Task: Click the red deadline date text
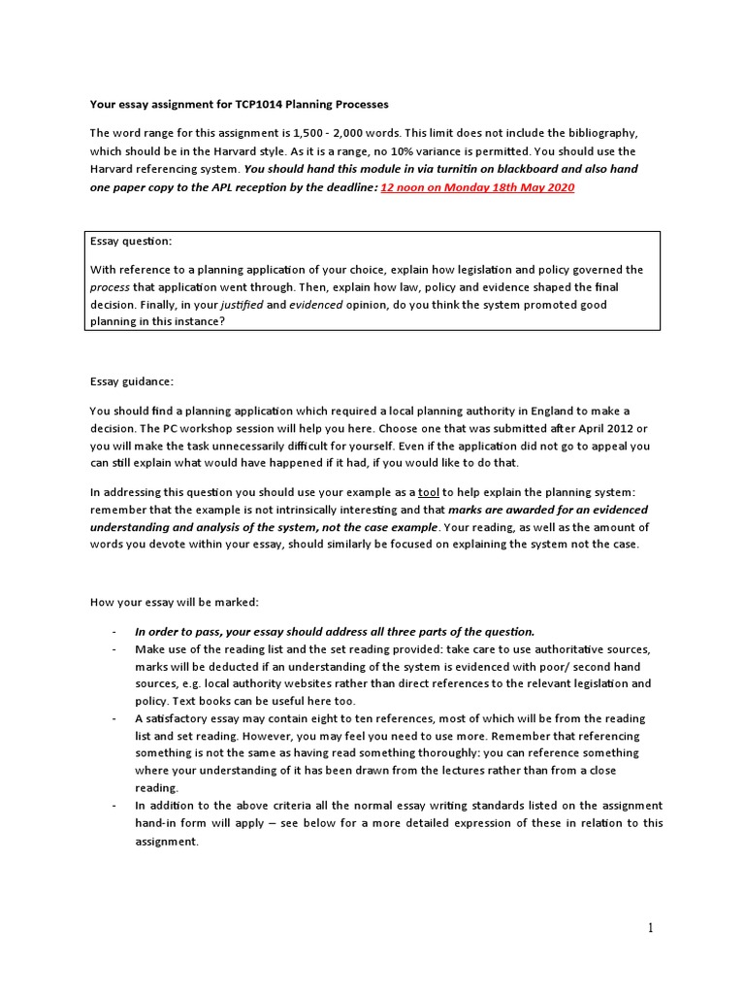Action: (x=477, y=187)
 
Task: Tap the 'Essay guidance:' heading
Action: (x=131, y=381)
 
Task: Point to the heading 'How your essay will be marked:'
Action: (x=175, y=602)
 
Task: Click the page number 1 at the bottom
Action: (x=651, y=928)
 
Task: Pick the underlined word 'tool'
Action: (x=428, y=492)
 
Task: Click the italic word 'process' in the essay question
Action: (x=109, y=288)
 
